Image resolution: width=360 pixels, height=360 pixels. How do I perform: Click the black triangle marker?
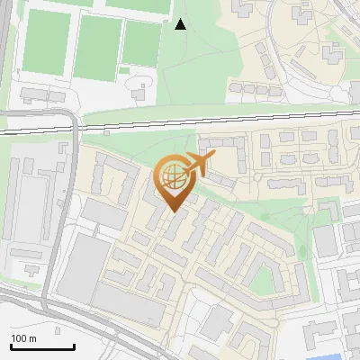pos(180,24)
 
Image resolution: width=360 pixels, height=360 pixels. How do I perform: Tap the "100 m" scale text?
pos(24,338)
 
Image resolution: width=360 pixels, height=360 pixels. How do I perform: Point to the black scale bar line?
pos(42,346)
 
